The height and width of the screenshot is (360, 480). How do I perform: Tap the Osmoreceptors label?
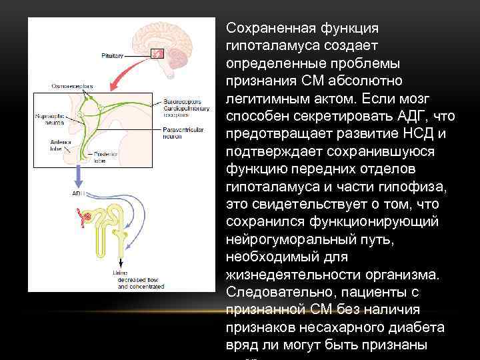click(73, 87)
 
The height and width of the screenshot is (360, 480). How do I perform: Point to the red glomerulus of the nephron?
click(85, 215)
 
